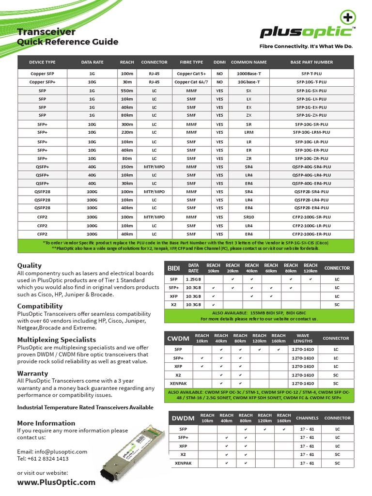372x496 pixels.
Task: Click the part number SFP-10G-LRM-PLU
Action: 311,132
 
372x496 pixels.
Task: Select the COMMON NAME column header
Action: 249,62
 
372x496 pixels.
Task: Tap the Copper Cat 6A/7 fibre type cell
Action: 191,82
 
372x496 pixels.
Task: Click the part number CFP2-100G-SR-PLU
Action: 311,217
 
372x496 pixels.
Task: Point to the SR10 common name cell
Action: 249,217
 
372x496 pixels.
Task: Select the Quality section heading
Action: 30,265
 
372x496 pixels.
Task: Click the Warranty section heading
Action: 32,373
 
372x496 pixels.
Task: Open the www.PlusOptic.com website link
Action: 56,482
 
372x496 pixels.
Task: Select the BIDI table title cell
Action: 174,268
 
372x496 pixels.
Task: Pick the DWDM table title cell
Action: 183,418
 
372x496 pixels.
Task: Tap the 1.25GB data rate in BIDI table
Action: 194,279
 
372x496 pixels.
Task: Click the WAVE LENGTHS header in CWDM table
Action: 303,338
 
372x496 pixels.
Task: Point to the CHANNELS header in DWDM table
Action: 307,418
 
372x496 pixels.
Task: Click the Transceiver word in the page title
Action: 46,32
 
